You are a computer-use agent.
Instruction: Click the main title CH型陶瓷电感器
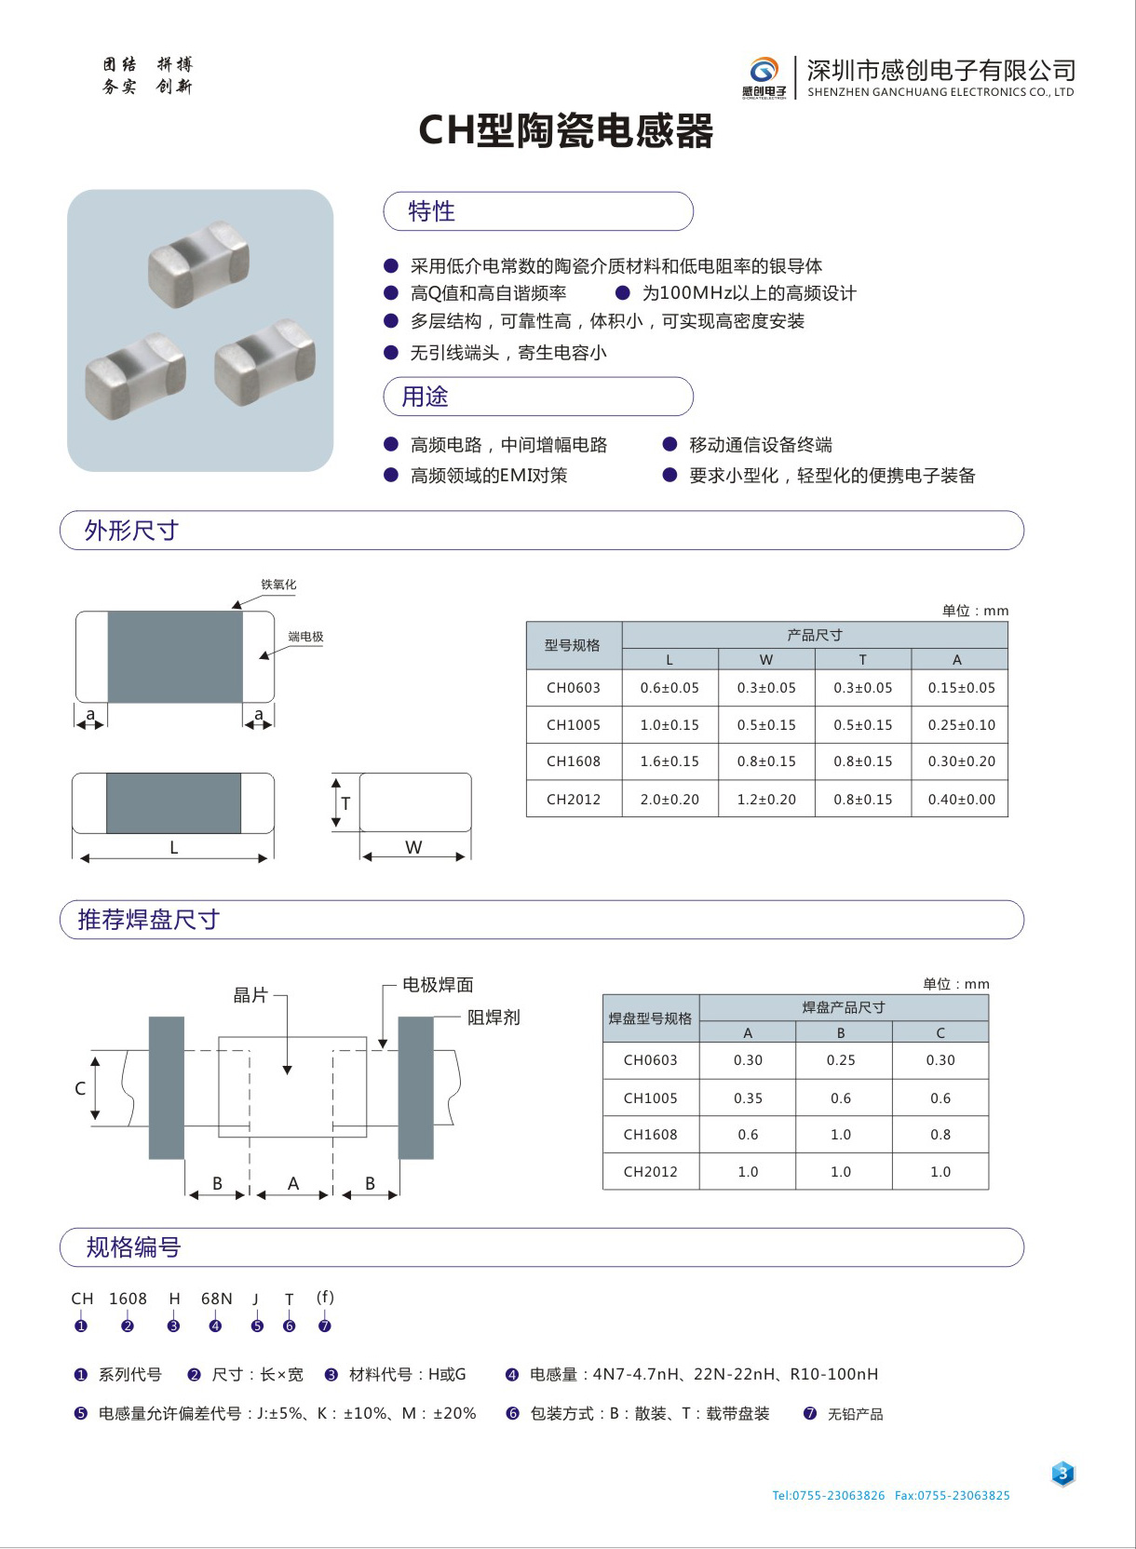click(566, 130)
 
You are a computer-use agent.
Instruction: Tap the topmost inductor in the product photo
click(198, 263)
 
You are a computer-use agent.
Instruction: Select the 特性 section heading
click(432, 211)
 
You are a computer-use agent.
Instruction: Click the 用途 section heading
click(425, 397)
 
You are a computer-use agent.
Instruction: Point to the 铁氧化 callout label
click(278, 585)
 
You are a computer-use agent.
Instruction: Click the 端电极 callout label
click(305, 637)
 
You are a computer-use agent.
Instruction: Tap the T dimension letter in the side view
click(345, 803)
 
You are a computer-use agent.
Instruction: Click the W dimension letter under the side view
click(413, 847)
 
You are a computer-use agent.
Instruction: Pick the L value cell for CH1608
click(669, 761)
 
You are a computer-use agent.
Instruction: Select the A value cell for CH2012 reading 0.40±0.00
click(961, 799)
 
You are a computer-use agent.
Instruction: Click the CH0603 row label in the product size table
click(574, 688)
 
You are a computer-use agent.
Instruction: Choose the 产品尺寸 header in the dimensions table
click(815, 635)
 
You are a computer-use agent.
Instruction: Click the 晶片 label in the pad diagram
click(250, 995)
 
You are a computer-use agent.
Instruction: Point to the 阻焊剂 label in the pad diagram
click(494, 1017)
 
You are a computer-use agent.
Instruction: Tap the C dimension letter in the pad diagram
click(80, 1088)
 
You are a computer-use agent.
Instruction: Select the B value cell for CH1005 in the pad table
click(841, 1098)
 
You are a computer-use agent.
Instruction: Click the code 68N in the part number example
click(217, 1299)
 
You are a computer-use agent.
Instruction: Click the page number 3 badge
click(1062, 1474)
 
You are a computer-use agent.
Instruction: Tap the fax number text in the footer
click(952, 1495)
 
